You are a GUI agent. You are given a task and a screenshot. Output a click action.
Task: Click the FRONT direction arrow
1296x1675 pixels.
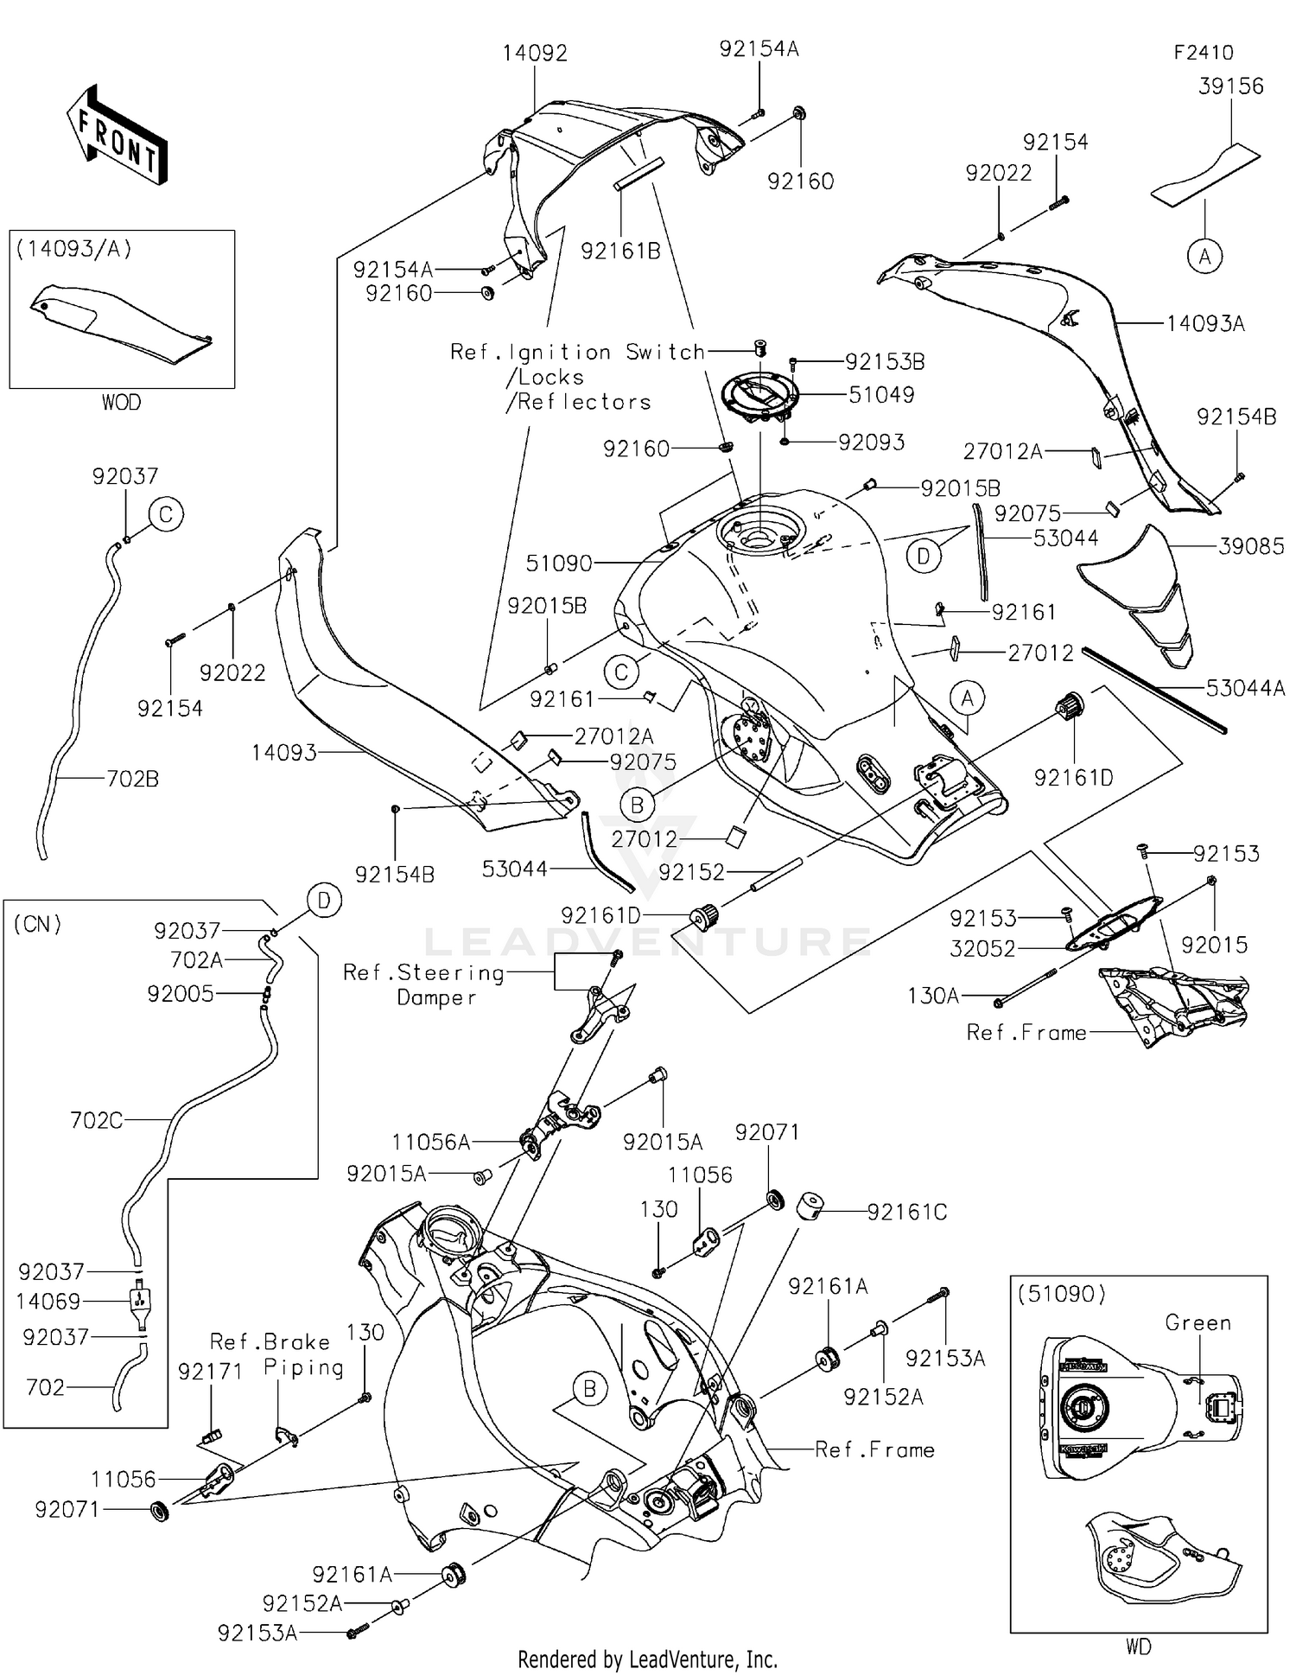tap(118, 134)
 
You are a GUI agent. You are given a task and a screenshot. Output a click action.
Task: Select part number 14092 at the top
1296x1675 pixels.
tap(535, 54)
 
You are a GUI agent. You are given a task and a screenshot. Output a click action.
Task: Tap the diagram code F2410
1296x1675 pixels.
tap(1203, 52)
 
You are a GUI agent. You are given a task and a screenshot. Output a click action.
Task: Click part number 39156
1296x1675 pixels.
tap(1230, 86)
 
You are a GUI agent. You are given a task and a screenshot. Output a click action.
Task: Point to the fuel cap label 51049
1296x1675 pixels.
tap(880, 395)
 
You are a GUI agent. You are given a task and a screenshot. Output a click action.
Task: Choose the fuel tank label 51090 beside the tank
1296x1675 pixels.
tap(559, 564)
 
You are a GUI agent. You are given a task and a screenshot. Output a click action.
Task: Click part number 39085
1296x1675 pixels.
tap(1251, 546)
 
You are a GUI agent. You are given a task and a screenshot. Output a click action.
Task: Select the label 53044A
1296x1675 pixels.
tap(1245, 688)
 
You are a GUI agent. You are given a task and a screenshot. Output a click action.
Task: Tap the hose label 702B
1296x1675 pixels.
tap(132, 780)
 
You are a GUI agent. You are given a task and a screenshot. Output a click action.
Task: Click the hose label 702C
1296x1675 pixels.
tap(96, 1120)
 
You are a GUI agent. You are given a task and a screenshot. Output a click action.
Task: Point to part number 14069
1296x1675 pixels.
tap(48, 1302)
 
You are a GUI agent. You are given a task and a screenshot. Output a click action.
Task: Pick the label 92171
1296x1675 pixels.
tap(210, 1372)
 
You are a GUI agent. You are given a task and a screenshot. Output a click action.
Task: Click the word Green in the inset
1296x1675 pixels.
tap(1198, 1323)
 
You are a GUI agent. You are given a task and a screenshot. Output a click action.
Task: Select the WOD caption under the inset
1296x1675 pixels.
tap(121, 402)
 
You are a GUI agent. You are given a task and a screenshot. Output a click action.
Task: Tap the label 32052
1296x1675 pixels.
tap(982, 949)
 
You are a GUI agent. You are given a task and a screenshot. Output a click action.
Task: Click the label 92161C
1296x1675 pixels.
tap(906, 1213)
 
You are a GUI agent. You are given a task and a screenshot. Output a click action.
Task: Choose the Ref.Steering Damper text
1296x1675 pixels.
tap(423, 985)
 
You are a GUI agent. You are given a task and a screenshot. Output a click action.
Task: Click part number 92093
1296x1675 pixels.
tap(871, 443)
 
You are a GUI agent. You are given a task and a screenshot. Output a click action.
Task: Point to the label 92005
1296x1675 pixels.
tap(181, 994)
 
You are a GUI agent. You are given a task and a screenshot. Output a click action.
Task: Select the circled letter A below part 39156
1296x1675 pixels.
tap(1204, 256)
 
